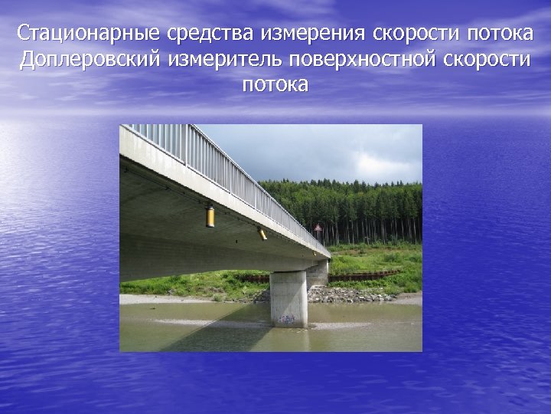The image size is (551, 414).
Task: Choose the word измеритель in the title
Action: [x=221, y=60]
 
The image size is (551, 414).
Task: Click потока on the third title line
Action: [x=275, y=85]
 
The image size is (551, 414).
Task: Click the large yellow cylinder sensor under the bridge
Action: [x=210, y=217]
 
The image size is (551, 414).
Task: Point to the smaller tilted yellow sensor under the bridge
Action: [x=262, y=234]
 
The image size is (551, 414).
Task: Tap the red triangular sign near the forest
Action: [x=318, y=228]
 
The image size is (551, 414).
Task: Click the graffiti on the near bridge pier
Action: [x=288, y=318]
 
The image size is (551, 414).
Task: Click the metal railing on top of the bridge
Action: [x=222, y=161]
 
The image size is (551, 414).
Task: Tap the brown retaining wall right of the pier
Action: [x=367, y=274]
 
